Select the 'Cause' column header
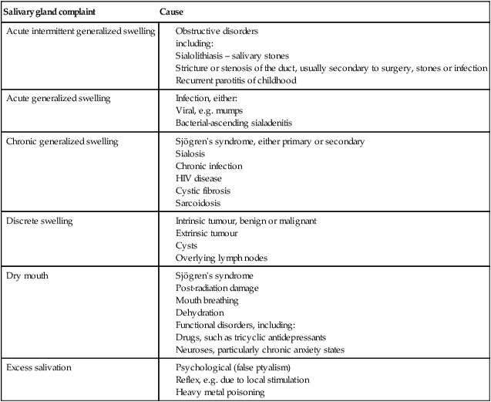pos(171,13)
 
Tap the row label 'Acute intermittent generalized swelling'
pos(80,31)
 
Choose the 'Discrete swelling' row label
pos(39,221)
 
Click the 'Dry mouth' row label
pos(28,276)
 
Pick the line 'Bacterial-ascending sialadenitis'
pos(235,123)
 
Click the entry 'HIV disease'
pos(199,179)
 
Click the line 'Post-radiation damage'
pos(217,289)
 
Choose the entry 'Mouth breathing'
pos(207,301)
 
